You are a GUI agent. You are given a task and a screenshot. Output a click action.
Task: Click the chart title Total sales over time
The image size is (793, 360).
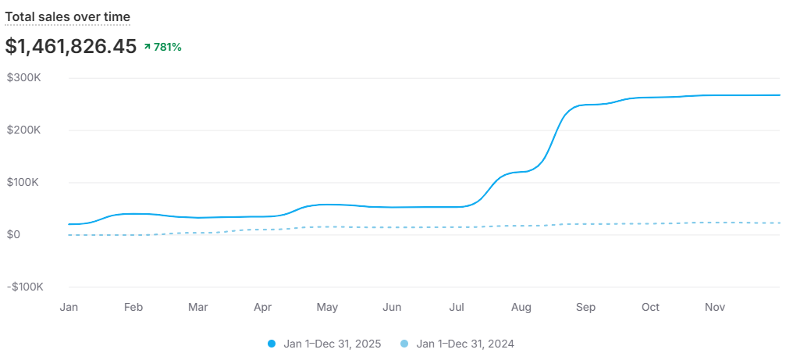pos(68,16)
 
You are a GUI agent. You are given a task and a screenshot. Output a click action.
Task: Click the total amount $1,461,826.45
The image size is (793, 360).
pos(71,47)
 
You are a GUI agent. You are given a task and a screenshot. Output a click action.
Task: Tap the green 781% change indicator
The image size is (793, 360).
pos(163,47)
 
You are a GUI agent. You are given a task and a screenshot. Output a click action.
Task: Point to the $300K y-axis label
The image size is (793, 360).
pos(24,78)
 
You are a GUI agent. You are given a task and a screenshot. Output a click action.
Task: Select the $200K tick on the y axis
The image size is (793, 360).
pos(24,130)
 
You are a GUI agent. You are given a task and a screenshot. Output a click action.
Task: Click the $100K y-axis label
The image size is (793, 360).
pos(24,183)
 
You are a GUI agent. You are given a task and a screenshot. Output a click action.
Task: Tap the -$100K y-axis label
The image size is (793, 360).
pos(24,287)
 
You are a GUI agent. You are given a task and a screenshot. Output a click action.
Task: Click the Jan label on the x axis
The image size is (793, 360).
pos(69,308)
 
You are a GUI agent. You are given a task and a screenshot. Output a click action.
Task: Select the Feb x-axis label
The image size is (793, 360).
pos(133,308)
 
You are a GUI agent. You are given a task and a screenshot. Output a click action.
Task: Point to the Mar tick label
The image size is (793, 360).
pos(198,308)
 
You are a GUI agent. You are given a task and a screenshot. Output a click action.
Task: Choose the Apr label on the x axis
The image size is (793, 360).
pos(263,308)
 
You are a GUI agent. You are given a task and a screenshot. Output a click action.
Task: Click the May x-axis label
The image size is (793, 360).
pos(328,308)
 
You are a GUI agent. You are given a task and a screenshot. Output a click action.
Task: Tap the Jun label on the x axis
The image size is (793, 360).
pos(392,308)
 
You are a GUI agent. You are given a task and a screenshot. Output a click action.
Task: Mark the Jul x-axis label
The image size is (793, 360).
pos(457,308)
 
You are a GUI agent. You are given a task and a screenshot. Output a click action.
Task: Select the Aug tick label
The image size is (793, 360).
pos(521,308)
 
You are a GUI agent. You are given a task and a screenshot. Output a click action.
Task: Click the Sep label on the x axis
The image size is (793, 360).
pos(586,308)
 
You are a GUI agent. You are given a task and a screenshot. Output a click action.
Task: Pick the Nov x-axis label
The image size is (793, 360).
pos(715,308)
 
